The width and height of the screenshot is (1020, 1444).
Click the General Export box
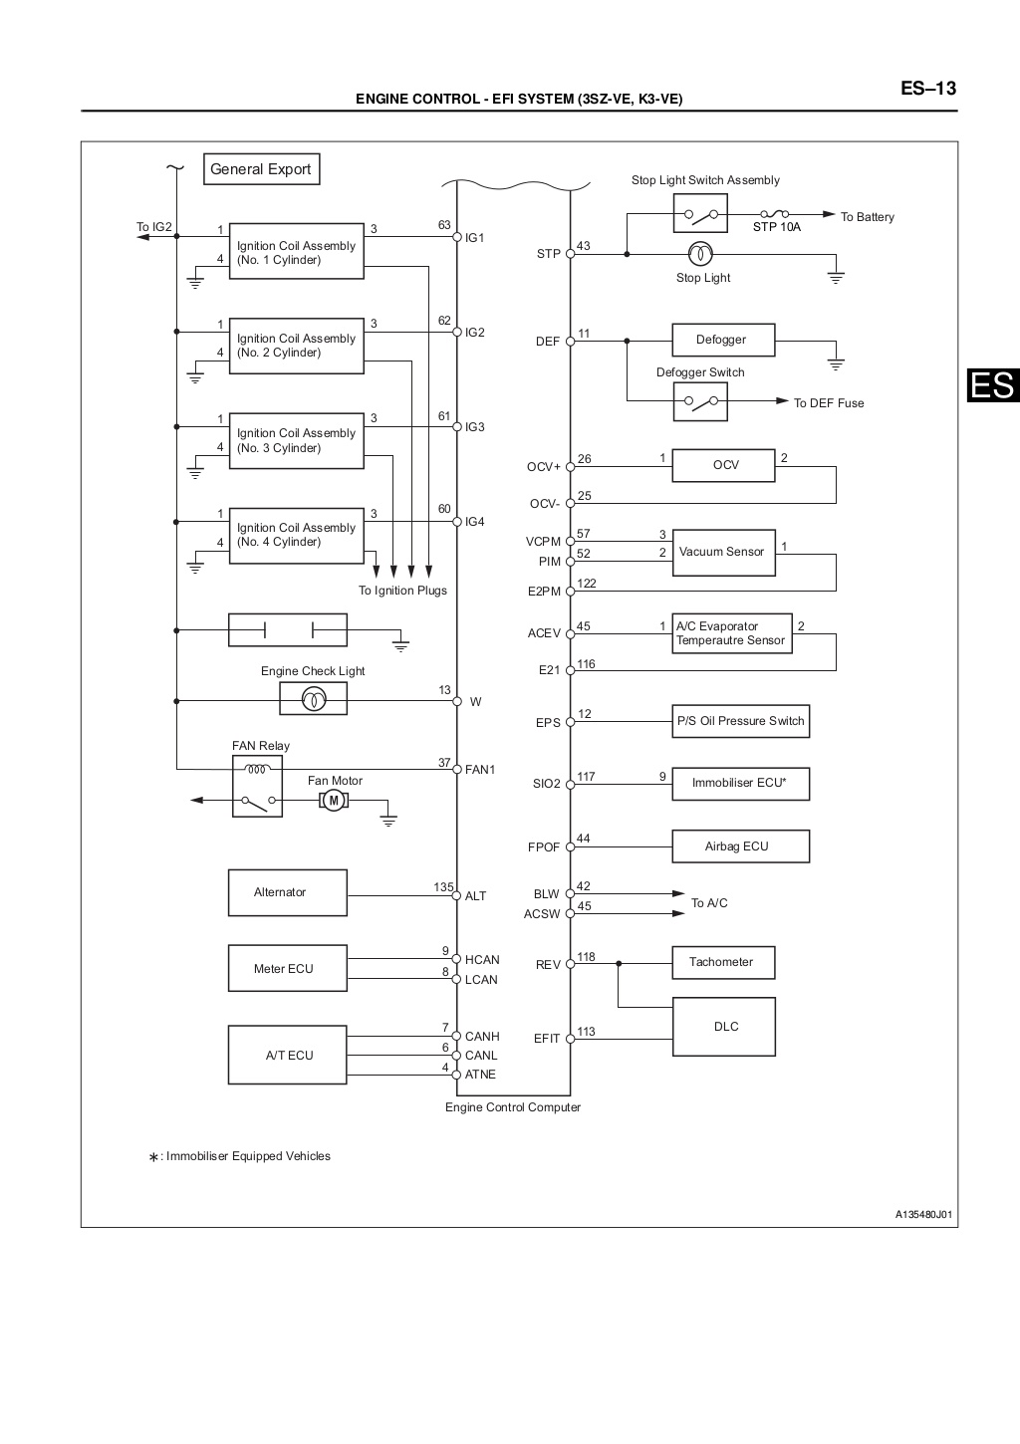click(x=261, y=169)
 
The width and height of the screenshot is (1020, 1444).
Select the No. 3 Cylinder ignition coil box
click(x=296, y=440)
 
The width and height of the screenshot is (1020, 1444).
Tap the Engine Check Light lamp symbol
click(x=313, y=700)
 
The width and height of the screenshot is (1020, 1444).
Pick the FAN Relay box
click(x=257, y=786)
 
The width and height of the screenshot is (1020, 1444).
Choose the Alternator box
click(x=287, y=892)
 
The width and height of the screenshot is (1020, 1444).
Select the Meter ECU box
click(x=287, y=968)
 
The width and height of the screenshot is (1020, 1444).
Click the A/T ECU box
click(x=287, y=1055)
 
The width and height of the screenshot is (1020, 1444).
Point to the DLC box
click(x=724, y=1027)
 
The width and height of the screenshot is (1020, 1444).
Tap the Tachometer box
click(x=724, y=962)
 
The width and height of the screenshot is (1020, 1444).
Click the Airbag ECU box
click(x=740, y=846)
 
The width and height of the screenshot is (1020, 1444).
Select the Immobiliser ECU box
click(x=740, y=783)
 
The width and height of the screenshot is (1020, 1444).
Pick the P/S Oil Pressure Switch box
click(x=740, y=721)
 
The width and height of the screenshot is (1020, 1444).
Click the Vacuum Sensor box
click(x=722, y=552)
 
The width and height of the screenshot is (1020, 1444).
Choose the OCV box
click(x=724, y=465)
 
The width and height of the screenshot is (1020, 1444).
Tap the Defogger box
click(x=722, y=341)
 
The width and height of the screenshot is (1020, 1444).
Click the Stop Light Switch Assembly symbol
click(x=700, y=213)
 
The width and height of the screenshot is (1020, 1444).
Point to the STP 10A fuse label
click(x=777, y=227)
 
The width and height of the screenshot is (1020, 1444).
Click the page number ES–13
click(x=928, y=89)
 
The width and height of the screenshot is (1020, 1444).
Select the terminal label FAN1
click(x=480, y=770)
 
